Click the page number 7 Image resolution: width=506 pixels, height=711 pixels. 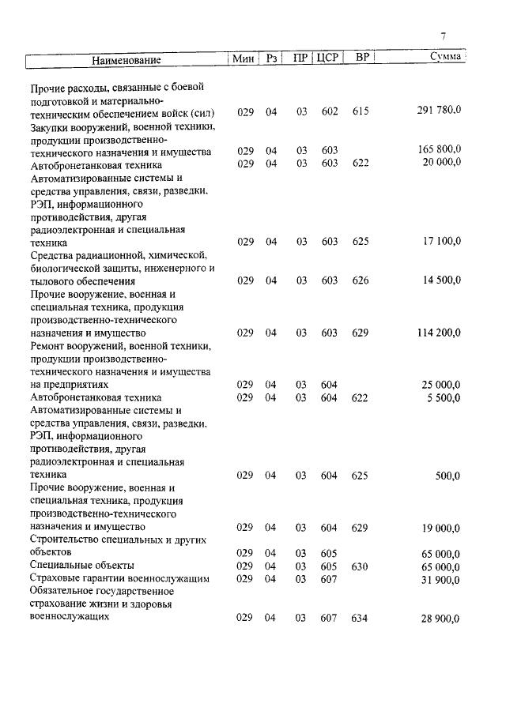(444, 36)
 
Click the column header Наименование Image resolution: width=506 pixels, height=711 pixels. (126, 59)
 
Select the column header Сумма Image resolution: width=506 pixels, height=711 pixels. (445, 58)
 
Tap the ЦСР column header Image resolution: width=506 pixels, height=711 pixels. (327, 58)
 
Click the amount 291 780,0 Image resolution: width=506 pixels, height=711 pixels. (439, 111)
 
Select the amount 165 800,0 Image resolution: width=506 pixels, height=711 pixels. (439, 149)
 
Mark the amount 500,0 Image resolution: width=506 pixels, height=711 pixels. (447, 476)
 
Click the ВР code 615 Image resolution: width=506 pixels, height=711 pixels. (361, 111)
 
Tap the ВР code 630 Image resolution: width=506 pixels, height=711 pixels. (361, 566)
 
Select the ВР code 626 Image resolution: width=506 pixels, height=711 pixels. (361, 280)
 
